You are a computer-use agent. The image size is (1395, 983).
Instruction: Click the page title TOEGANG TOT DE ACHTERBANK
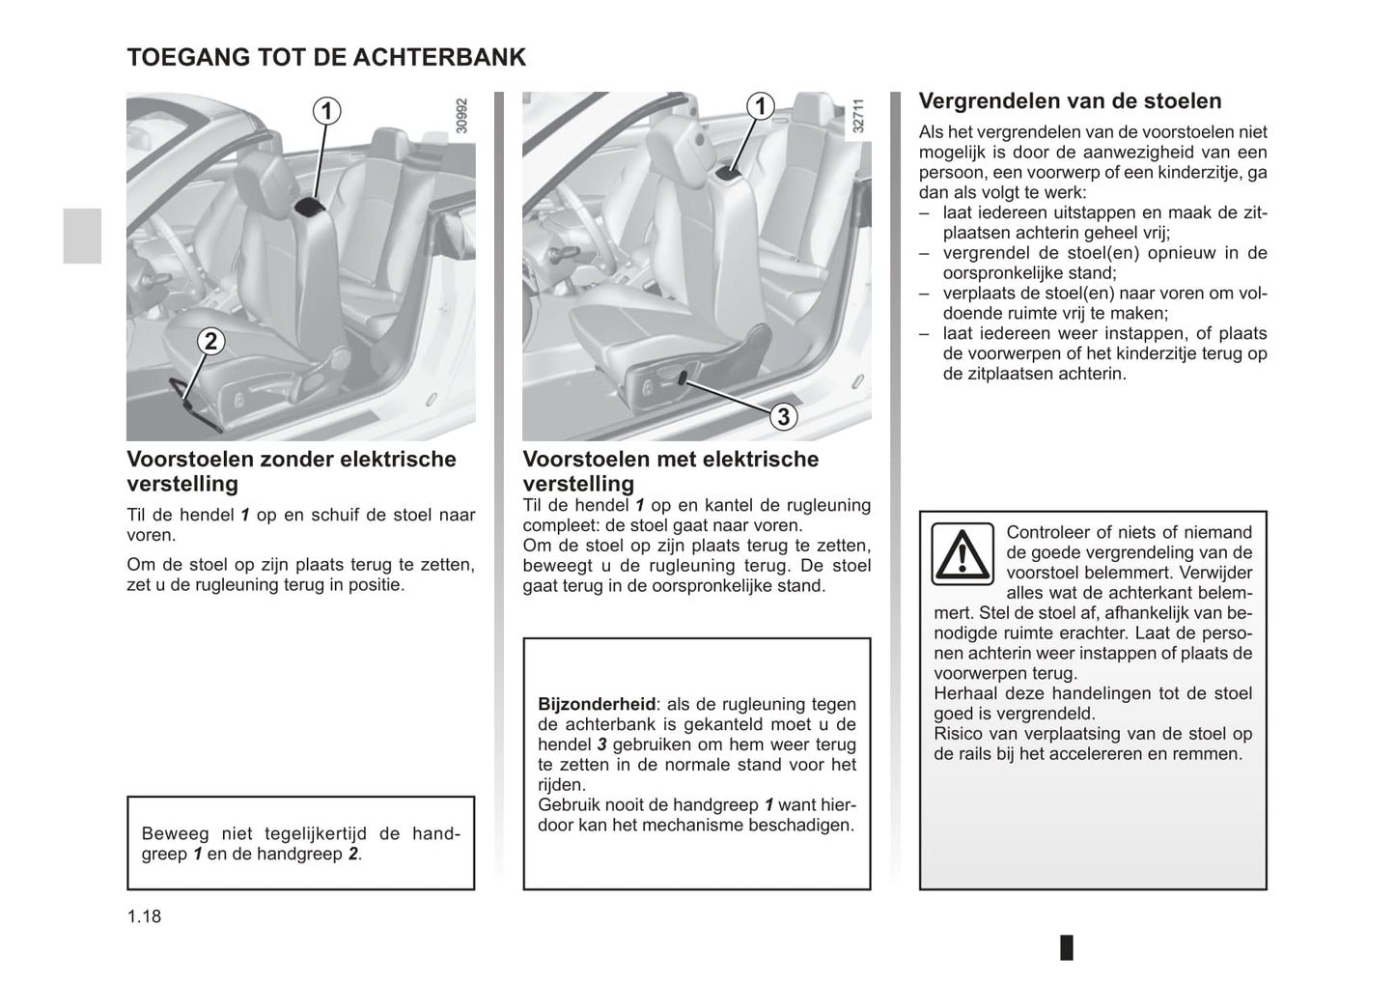pos(326,57)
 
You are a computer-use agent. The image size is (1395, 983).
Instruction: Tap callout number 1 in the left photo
pos(326,111)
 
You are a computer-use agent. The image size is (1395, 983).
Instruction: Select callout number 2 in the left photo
pos(210,341)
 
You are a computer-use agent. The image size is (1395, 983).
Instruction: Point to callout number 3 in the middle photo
pos(783,416)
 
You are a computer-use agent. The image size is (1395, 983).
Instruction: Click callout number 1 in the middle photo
pos(761,106)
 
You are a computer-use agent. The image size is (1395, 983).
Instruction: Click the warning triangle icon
pos(962,553)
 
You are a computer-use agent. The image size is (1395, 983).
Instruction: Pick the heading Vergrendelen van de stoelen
pos(1070,101)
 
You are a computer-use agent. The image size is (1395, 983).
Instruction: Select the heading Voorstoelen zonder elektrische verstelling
pos(291,471)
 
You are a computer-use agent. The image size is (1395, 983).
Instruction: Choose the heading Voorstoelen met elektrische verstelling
pos(670,471)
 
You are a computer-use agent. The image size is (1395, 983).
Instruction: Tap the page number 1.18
pos(144,916)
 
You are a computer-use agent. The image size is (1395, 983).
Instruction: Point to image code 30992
pos(461,116)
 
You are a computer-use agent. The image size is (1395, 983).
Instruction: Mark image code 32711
pos(858,116)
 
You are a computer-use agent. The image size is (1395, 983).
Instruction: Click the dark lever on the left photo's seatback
pos(311,205)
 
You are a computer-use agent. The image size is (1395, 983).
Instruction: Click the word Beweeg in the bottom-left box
pos(169,833)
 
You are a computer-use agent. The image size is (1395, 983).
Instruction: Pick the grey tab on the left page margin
pos(82,236)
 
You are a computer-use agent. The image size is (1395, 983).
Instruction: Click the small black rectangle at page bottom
pos(1067,947)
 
